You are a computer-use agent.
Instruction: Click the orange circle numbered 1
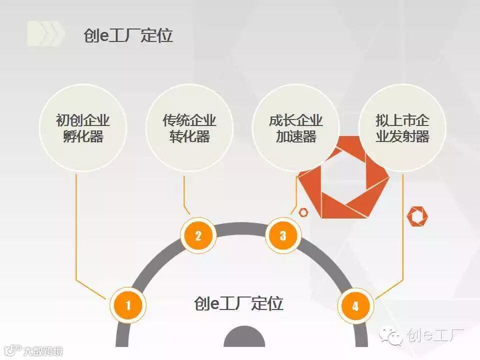click(128, 304)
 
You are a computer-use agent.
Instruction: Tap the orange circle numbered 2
click(198, 235)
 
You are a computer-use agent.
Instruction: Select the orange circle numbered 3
click(283, 235)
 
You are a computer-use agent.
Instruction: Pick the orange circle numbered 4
click(355, 305)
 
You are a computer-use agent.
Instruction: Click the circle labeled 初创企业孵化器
click(83, 128)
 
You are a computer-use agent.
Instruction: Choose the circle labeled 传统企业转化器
click(189, 128)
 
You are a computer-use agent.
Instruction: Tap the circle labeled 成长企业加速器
click(296, 128)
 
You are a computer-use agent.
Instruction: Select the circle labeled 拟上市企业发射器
click(402, 128)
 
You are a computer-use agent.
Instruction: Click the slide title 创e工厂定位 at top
click(128, 35)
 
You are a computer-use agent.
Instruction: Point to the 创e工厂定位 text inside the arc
click(238, 303)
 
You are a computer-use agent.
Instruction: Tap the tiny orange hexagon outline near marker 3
click(303, 212)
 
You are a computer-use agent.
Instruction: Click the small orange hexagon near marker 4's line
click(417, 215)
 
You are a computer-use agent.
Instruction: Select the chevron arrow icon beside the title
click(46, 33)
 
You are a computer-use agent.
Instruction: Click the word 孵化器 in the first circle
click(83, 136)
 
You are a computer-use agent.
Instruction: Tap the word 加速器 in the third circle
click(296, 136)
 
